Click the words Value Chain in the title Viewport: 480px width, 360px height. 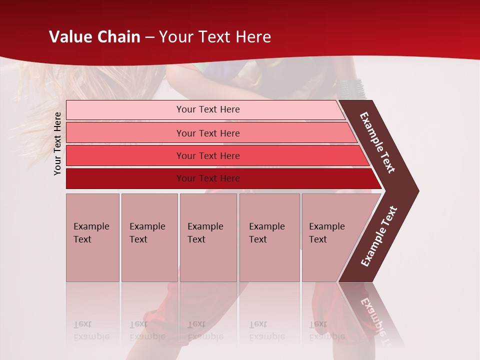pos(94,37)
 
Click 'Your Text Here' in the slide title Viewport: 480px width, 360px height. pos(215,37)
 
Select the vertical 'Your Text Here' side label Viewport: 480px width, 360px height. pos(57,143)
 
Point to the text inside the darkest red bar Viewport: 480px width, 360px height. pos(208,178)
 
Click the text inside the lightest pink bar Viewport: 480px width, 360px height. pos(208,109)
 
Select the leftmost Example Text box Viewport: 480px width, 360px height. pos(92,237)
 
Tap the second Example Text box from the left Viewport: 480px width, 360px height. pos(149,237)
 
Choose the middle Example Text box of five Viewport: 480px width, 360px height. pos(208,237)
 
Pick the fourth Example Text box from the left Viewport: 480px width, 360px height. pos(269,237)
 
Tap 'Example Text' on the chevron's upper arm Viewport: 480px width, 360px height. pos(377,142)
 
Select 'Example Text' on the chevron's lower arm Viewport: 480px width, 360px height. pos(379,236)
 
